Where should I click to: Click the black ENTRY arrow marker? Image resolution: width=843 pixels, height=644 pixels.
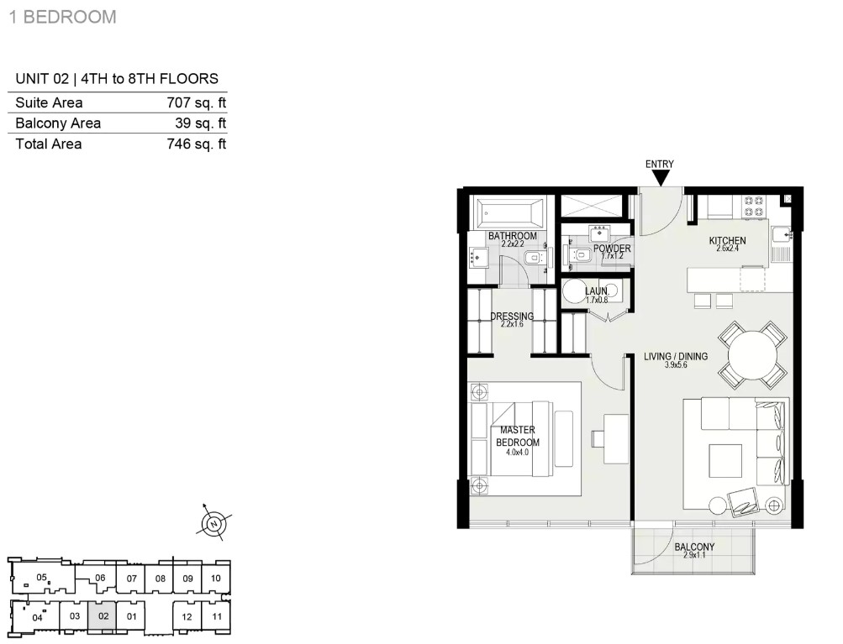point(660,178)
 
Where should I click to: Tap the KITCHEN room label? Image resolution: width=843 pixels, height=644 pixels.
point(727,241)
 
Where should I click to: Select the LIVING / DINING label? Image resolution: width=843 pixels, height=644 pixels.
point(676,356)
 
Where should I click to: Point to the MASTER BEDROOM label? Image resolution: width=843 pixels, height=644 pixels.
point(517,436)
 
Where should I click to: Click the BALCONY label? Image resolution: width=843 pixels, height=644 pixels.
point(694,547)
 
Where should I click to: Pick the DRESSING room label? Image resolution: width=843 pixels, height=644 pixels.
point(512,317)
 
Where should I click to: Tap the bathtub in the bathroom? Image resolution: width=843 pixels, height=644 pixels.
point(509,214)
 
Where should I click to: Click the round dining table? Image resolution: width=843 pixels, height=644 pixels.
point(753,355)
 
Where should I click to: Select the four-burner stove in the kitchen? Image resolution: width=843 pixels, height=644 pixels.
point(753,207)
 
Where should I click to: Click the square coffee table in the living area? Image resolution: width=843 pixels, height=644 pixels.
point(725,460)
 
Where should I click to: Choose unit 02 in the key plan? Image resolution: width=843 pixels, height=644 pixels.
point(103,616)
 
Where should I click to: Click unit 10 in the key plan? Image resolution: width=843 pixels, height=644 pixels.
point(216,579)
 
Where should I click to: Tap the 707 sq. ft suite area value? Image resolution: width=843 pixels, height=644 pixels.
point(196,102)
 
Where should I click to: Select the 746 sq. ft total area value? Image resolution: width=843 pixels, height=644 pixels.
point(196,144)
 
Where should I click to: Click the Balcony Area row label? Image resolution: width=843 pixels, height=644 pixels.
point(58,123)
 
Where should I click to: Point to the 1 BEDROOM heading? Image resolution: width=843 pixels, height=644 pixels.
point(63,17)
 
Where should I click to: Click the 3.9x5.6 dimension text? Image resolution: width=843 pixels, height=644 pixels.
point(676,365)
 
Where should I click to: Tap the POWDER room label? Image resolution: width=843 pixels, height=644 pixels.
point(612,249)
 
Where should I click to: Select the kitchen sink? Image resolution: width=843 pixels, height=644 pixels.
point(782,235)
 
